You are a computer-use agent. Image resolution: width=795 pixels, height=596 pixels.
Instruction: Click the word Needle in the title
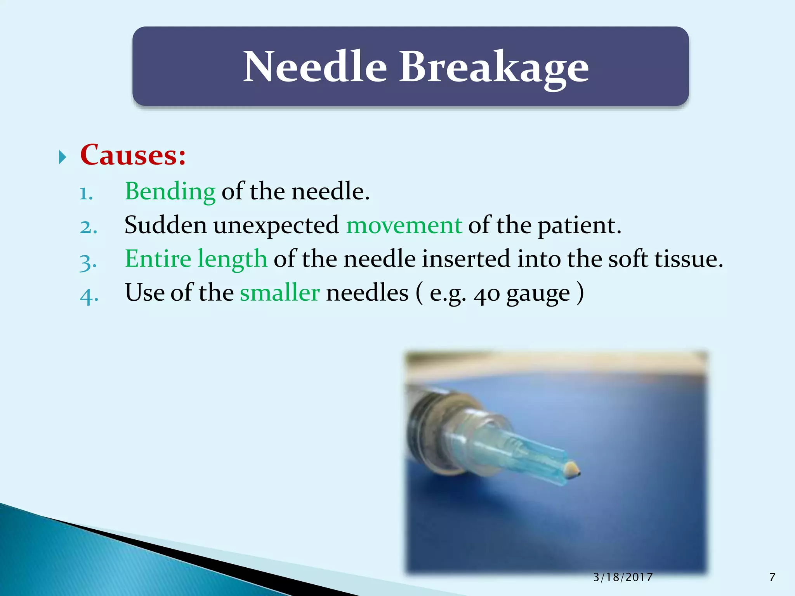point(315,67)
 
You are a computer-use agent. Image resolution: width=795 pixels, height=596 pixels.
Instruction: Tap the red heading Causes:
point(133,155)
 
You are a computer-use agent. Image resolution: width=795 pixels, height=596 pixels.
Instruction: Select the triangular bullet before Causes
point(62,157)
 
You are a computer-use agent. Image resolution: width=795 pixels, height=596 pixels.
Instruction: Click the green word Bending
point(170,191)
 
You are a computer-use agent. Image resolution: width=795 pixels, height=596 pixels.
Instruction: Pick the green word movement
point(404,225)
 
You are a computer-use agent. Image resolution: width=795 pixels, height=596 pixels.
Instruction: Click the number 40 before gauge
point(486,294)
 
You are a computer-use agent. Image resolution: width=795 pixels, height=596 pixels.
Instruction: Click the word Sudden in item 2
point(165,225)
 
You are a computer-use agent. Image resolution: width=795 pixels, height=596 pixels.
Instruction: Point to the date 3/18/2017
point(623,577)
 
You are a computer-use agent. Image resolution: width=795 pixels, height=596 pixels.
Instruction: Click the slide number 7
point(772,577)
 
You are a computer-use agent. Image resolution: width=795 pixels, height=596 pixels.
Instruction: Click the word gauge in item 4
point(538,294)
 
